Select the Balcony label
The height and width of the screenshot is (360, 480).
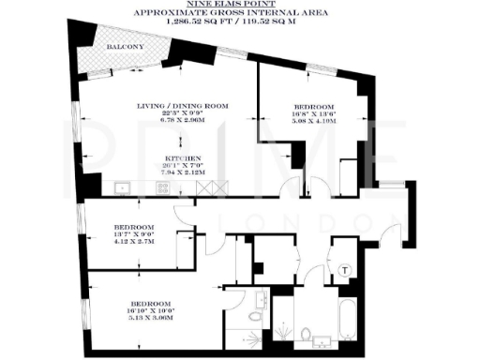coord(124,46)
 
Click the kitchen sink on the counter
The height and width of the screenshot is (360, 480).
coord(122,188)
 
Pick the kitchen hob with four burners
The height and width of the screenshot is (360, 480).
coord(162,188)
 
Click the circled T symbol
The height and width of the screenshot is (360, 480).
coord(345,270)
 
